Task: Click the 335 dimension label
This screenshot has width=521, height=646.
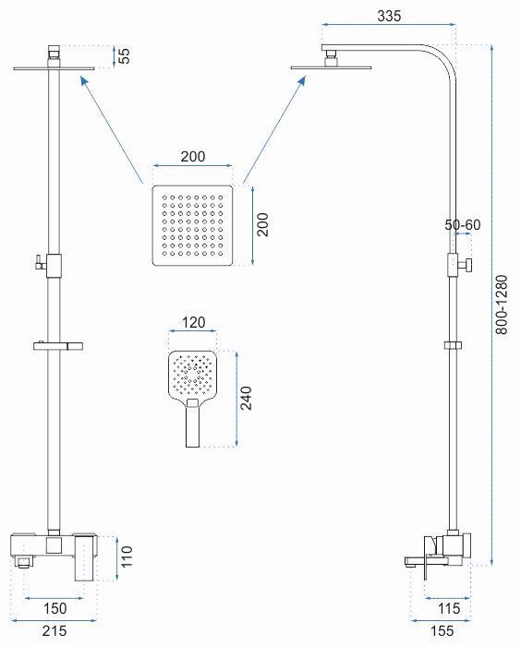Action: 389,16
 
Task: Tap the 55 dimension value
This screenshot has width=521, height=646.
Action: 124,56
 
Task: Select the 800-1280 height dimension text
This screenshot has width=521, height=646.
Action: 502,305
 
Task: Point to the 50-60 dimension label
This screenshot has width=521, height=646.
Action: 463,225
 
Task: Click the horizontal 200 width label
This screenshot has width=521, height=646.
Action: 193,157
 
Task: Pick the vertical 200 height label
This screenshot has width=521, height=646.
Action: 262,224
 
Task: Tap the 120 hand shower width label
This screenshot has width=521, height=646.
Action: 193,322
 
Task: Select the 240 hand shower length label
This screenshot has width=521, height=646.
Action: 247,398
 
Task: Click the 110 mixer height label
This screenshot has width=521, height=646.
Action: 127,556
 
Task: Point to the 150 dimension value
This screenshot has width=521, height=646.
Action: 55,608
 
